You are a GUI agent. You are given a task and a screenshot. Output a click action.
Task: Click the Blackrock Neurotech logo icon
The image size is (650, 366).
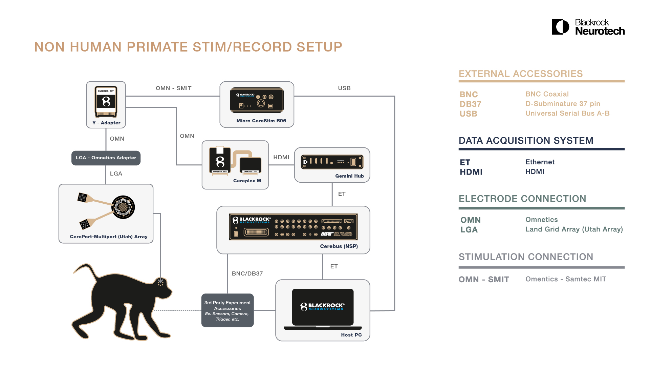(560, 27)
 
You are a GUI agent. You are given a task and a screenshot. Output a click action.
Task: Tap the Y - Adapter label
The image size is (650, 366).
(106, 123)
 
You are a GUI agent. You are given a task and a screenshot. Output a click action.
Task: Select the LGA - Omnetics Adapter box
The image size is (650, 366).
(106, 158)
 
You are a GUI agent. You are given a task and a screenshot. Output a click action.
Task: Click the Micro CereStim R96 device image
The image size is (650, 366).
(257, 100)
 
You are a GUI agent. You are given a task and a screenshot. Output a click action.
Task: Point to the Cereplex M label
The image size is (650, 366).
(247, 181)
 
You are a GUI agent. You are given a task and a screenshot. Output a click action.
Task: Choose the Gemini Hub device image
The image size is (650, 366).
(332, 162)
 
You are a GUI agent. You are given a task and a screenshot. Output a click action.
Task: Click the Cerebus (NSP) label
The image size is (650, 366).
(339, 246)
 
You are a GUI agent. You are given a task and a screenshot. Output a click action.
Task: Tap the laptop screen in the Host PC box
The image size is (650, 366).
(323, 306)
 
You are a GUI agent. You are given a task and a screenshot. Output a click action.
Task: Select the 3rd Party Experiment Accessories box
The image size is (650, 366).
(227, 310)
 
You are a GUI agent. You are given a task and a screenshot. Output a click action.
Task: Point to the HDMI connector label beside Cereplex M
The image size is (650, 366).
(281, 157)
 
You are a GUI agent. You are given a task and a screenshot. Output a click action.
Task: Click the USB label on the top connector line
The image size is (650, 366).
(344, 88)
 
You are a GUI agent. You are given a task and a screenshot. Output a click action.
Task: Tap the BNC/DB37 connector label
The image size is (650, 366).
(247, 273)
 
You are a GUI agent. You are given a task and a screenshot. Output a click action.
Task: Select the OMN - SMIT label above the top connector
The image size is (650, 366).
(174, 88)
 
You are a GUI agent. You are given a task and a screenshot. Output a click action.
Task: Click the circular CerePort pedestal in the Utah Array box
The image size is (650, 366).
(123, 207)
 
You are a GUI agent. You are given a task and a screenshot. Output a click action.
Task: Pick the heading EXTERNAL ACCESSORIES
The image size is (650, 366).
(521, 74)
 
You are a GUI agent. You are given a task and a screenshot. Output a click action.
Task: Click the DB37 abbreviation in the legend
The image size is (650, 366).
(470, 104)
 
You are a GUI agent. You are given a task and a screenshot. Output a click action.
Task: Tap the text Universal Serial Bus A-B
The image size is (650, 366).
(567, 114)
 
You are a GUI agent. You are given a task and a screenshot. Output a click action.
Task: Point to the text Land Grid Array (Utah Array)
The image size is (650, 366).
(574, 229)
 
